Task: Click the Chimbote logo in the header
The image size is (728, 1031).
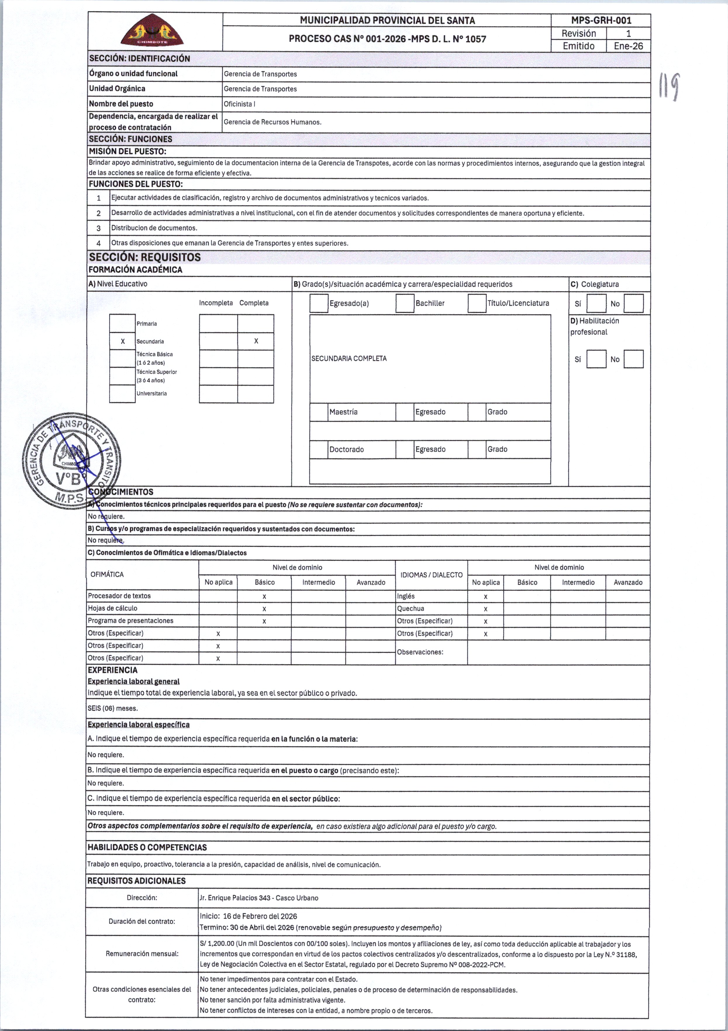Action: coord(153,30)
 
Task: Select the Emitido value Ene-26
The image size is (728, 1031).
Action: coord(628,46)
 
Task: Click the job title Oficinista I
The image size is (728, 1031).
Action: coord(240,104)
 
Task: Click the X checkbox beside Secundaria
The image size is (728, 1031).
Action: coord(123,341)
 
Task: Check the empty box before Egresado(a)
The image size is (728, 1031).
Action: coord(319,303)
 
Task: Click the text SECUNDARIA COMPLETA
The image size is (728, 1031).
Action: coord(349,358)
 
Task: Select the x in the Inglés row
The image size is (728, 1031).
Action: coord(486,596)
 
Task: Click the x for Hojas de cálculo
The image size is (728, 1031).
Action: coord(264,609)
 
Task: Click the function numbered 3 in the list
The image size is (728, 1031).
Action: coord(154,228)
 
